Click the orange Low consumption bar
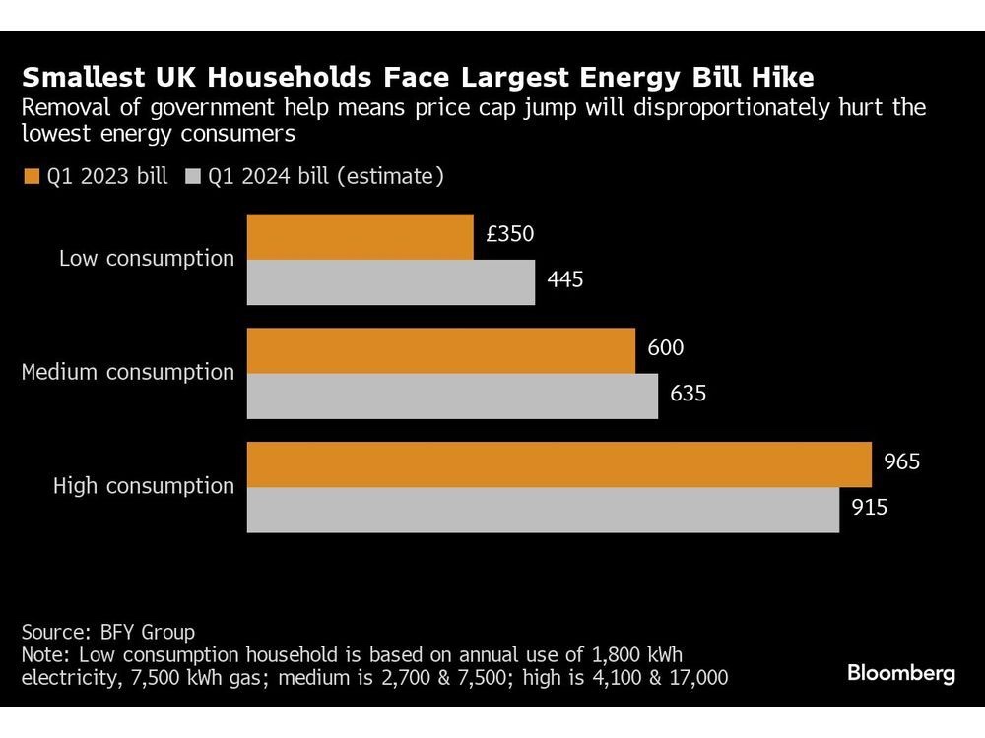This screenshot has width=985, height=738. point(360,237)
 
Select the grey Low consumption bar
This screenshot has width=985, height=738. point(390,282)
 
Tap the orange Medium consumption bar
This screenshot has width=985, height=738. point(440,351)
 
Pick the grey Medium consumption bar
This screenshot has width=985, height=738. point(452,397)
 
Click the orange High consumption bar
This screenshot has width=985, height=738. point(558,464)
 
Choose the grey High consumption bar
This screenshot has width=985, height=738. point(543,510)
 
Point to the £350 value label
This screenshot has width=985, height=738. point(510,234)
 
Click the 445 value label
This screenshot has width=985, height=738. point(564,279)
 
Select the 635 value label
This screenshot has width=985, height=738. point(687,394)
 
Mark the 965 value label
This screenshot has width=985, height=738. point(900,461)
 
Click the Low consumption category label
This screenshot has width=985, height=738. point(147,259)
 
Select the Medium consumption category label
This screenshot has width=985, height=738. point(128,372)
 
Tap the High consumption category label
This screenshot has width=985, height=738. point(144,486)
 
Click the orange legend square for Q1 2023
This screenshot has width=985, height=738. point(31,177)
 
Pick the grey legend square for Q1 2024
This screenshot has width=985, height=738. point(191,177)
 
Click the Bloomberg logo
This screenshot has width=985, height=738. point(901,674)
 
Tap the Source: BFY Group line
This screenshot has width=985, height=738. point(107,632)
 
